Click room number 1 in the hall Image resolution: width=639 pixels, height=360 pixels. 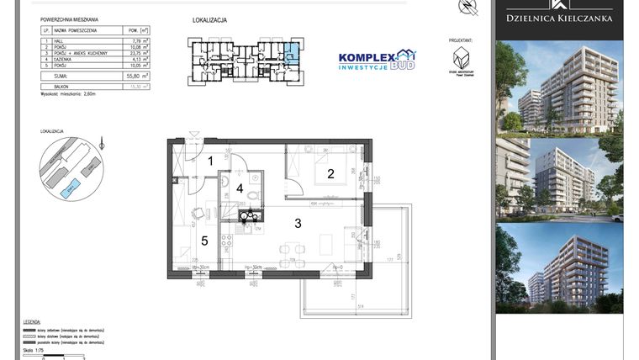pyautogui.click(x=211, y=160)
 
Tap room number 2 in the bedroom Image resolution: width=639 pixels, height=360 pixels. pyautogui.click(x=330, y=174)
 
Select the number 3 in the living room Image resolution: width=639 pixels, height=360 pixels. pyautogui.click(x=297, y=223)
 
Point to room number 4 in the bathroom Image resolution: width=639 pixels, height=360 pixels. pyautogui.click(x=240, y=188)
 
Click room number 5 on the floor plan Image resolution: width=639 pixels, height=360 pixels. pyautogui.click(x=203, y=240)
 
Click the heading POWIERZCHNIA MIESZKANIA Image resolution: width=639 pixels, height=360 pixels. pyautogui.click(x=70, y=19)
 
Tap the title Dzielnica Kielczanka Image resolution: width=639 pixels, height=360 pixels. pyautogui.click(x=559, y=18)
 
